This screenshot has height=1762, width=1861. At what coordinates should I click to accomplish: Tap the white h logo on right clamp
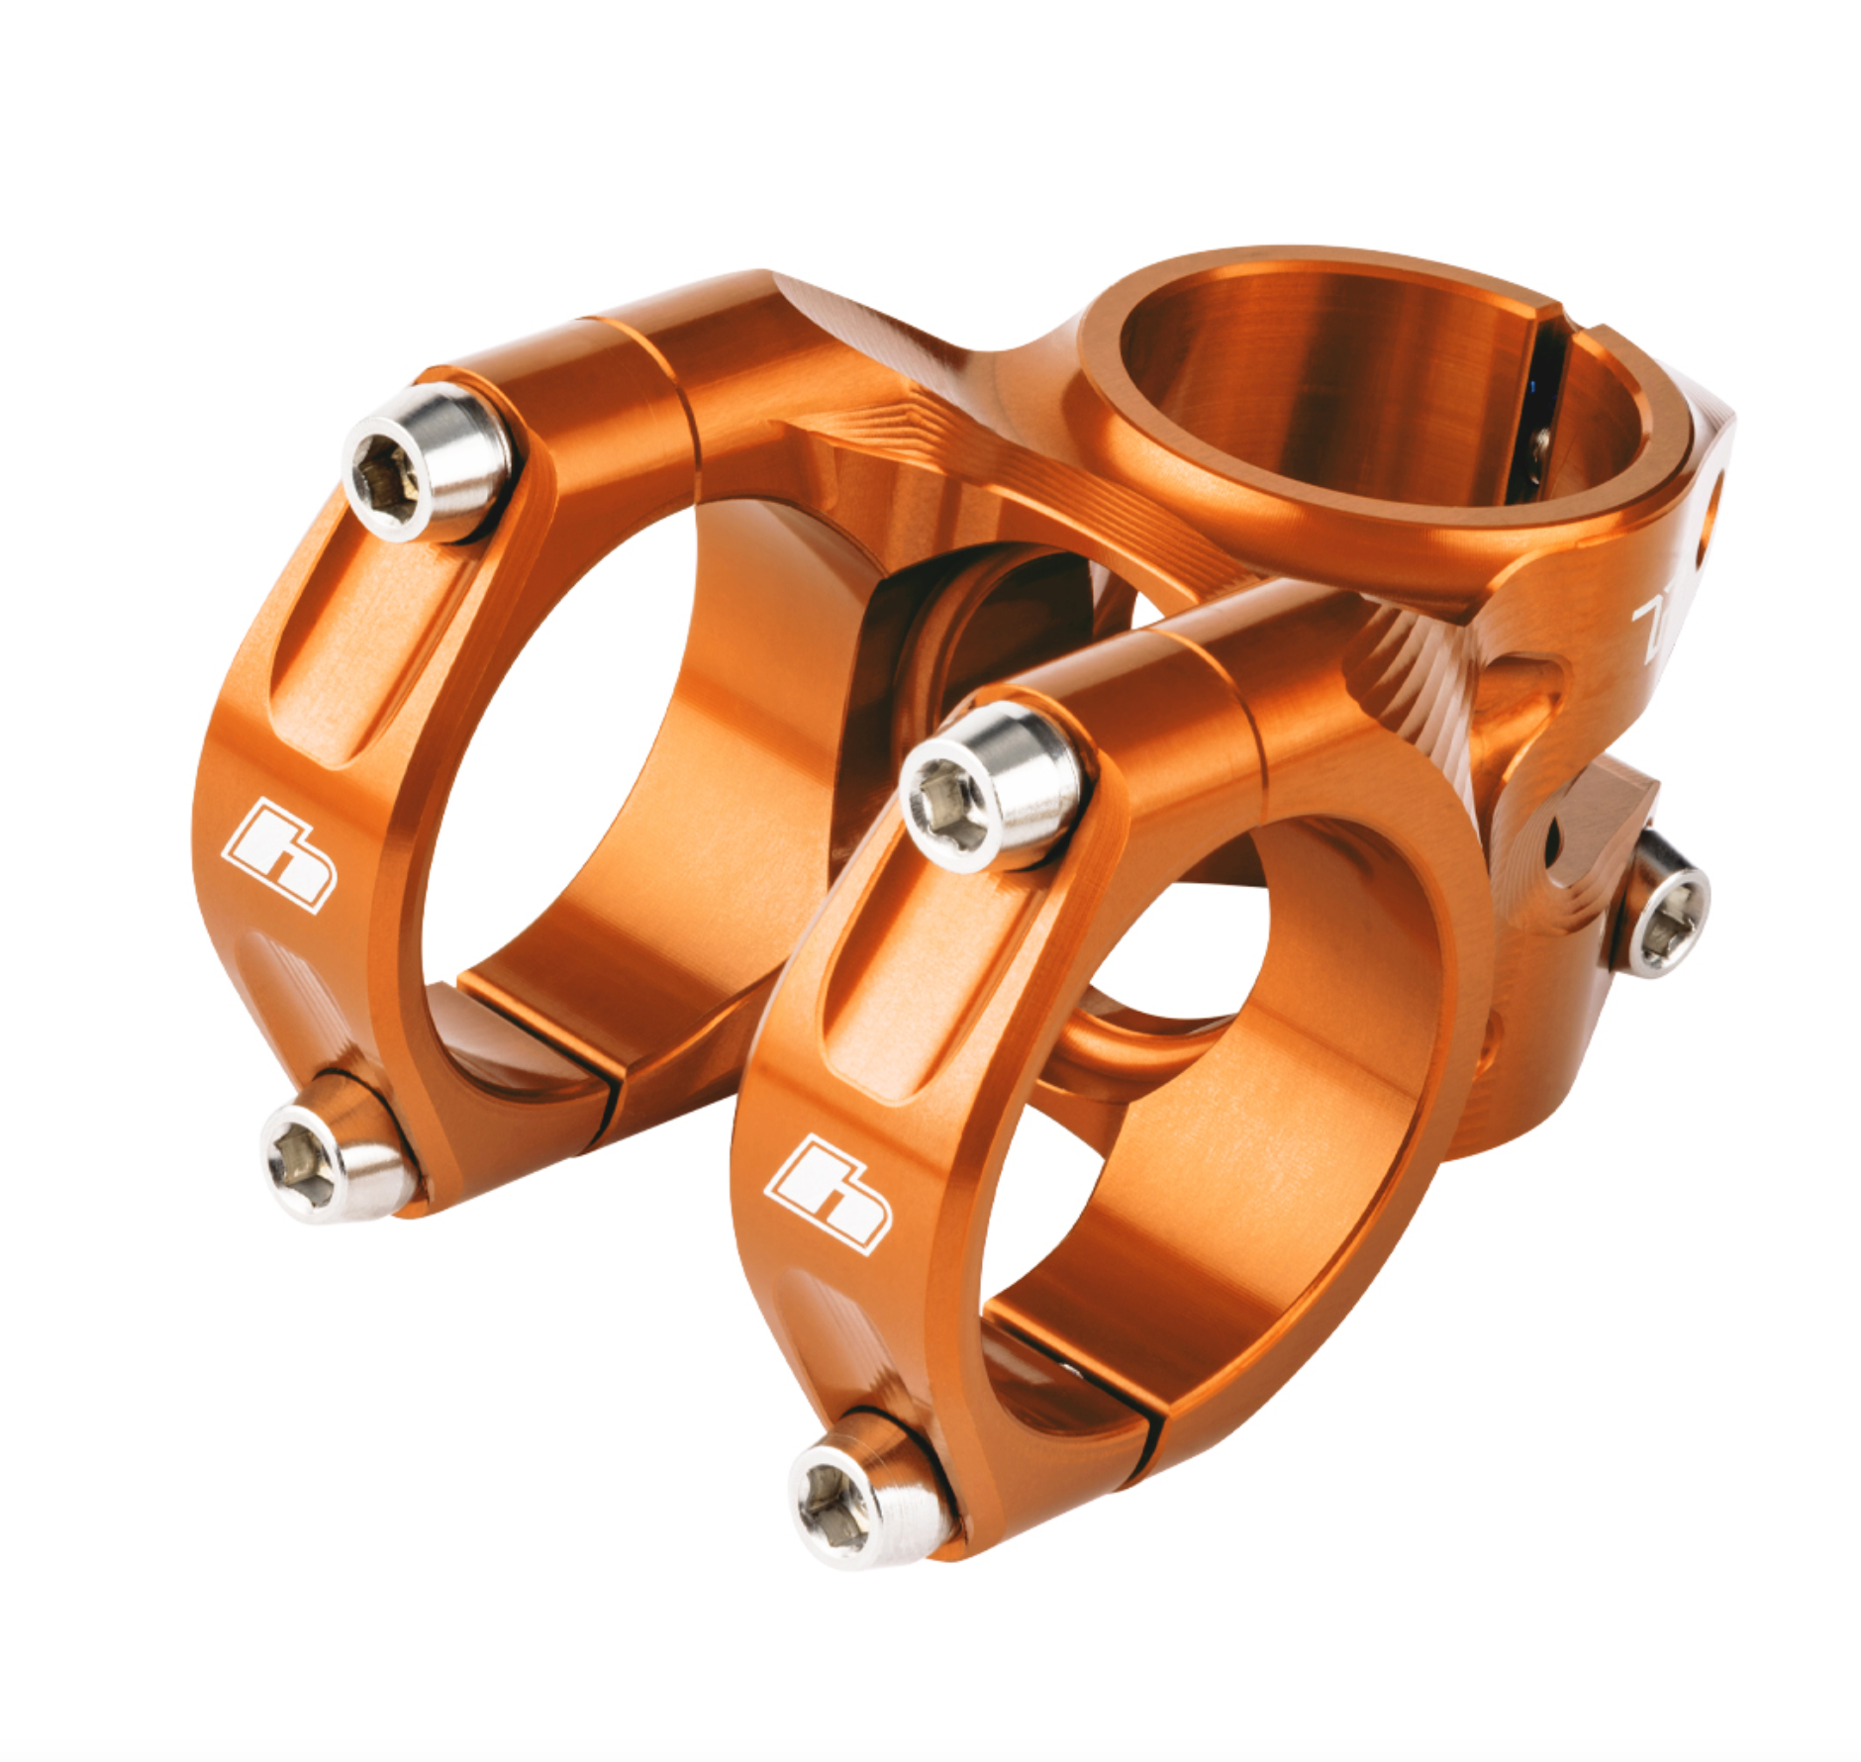[830, 1194]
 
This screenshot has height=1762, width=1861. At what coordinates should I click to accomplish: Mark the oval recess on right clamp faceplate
[921, 980]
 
